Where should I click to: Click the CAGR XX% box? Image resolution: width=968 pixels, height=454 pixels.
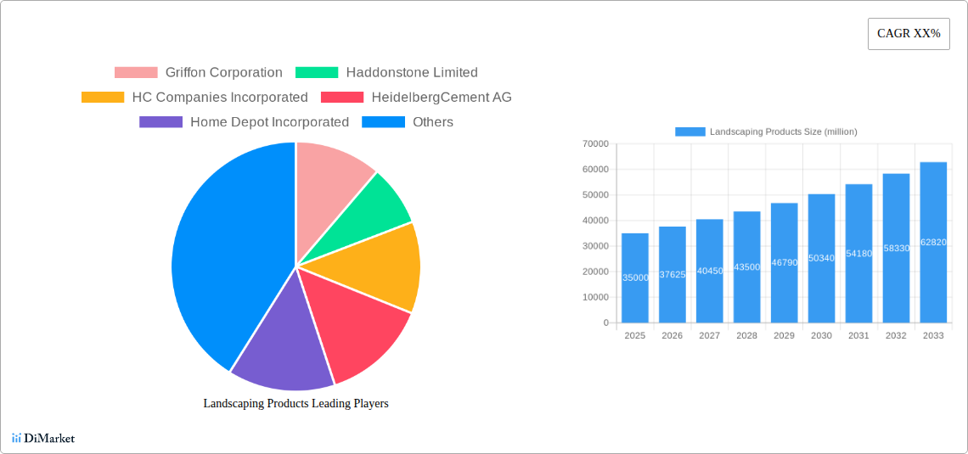tap(909, 34)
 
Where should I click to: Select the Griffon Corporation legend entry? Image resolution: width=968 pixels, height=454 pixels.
tap(199, 73)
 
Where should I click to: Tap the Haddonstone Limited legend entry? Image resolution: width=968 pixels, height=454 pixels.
tap(387, 73)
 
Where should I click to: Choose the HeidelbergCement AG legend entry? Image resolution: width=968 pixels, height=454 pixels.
tap(416, 98)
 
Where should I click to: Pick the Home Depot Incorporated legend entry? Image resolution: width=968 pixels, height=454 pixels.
tap(245, 122)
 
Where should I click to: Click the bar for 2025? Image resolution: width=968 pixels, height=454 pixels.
tap(635, 277)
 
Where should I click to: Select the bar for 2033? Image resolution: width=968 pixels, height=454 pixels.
tap(933, 242)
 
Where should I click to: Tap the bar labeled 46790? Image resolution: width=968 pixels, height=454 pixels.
tap(784, 262)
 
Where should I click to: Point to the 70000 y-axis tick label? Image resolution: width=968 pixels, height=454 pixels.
tap(594, 144)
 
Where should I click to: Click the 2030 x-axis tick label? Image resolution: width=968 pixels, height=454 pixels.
tap(821, 336)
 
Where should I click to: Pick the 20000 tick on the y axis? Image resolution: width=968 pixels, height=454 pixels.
tap(594, 272)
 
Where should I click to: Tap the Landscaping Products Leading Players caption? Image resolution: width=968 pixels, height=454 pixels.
tap(295, 404)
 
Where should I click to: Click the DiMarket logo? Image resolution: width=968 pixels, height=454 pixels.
tap(43, 439)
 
